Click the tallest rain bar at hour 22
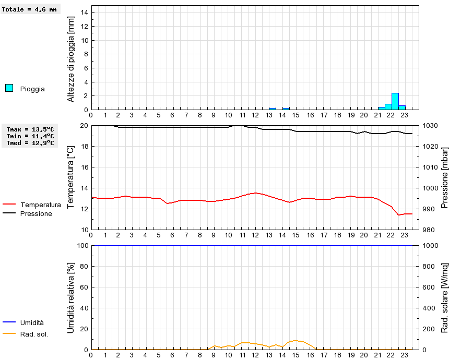395,101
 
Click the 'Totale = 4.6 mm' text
29,9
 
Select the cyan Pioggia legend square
9,88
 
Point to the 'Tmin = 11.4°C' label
30,136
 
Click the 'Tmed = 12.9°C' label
30,143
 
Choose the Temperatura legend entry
40,205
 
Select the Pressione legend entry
36,214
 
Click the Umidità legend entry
32,323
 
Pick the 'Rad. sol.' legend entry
34,334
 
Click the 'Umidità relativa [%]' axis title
72,297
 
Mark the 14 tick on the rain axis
84,13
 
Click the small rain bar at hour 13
273,109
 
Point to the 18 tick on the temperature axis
84,147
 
